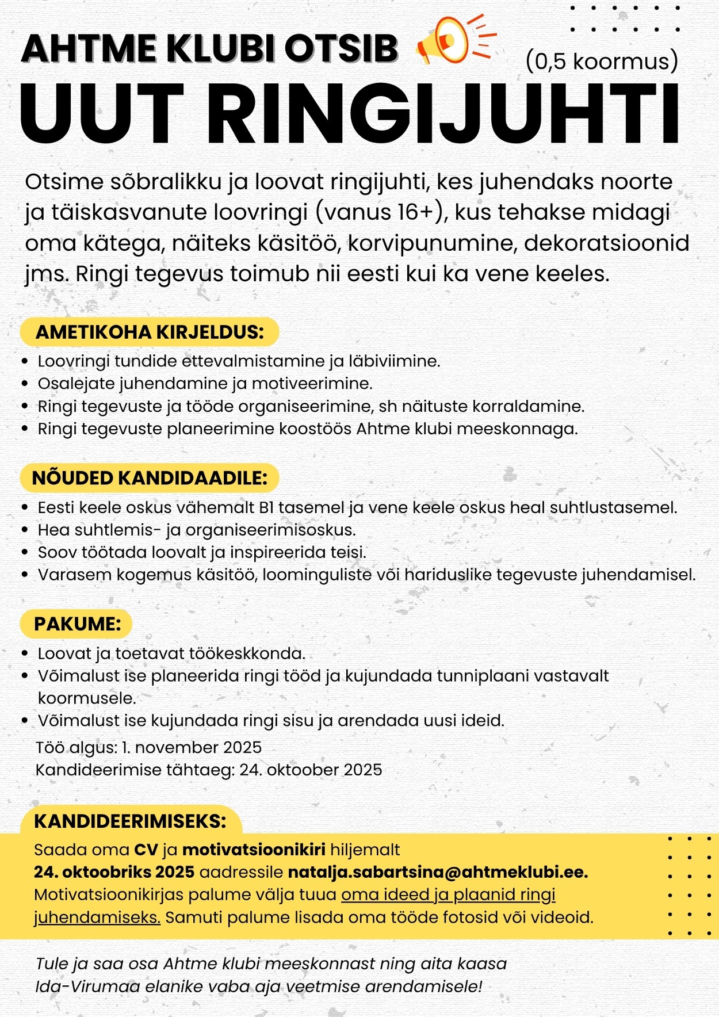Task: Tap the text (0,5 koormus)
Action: click(x=602, y=62)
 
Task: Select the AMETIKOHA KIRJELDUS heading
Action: click(x=150, y=332)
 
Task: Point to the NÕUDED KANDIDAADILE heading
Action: click(x=150, y=478)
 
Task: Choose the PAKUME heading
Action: click(x=77, y=624)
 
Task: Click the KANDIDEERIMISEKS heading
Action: click(x=130, y=821)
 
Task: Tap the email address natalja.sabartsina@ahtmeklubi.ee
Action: click(x=437, y=872)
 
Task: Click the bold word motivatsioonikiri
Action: click(x=254, y=850)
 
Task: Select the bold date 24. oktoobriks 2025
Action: click(x=114, y=872)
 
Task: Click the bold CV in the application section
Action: click(x=146, y=850)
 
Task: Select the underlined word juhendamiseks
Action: click(x=97, y=917)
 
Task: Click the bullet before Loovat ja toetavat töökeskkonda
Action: click(x=25, y=653)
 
